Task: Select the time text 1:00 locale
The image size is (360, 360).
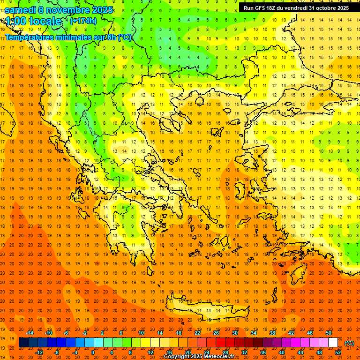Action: coord(34,21)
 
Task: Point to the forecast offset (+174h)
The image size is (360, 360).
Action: coord(83,21)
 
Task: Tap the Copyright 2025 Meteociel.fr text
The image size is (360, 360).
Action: coord(199,357)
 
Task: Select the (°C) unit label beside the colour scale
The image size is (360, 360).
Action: coord(349,344)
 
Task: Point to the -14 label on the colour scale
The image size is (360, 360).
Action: coord(30,333)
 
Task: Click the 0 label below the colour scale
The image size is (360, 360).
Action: coord(92,352)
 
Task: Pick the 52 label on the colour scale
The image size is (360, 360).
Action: coord(338,352)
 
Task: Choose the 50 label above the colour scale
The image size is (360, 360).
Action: coord(329,333)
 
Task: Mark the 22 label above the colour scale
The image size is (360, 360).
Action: coord(197,333)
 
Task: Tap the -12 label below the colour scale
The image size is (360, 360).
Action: coord(39,352)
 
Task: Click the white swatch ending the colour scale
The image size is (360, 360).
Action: coord(333,343)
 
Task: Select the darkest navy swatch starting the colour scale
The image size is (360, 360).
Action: coord(23,343)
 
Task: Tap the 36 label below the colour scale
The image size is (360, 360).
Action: coord(263,352)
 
